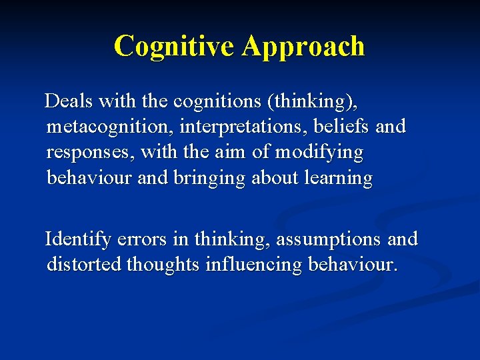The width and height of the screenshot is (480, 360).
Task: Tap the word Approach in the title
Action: pyautogui.click(x=303, y=46)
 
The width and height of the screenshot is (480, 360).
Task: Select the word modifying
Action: pyautogui.click(x=319, y=152)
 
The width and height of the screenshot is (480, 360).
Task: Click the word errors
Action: pyautogui.click(x=139, y=239)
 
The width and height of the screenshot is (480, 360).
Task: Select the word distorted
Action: pyautogui.click(x=84, y=265)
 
